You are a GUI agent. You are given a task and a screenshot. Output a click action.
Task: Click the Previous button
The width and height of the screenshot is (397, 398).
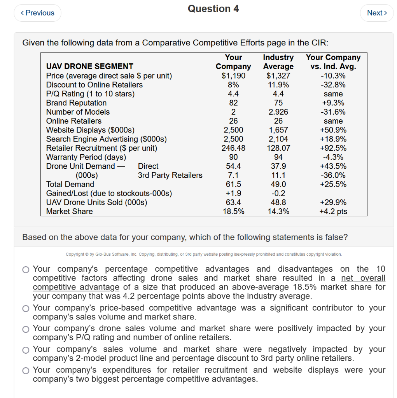coord(37,13)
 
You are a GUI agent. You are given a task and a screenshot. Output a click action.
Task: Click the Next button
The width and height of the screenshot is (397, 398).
coord(377,13)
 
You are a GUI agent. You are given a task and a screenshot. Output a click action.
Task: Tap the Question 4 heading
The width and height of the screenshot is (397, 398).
coord(213,9)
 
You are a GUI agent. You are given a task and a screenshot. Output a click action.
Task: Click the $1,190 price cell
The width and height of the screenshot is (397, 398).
coord(233,75)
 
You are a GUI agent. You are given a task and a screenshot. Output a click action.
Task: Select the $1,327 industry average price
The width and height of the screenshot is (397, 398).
coord(278,75)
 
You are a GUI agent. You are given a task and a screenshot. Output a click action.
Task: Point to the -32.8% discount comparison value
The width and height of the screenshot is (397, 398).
coord(333,85)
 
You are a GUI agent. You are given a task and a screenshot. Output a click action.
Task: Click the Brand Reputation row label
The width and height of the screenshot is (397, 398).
coord(76,103)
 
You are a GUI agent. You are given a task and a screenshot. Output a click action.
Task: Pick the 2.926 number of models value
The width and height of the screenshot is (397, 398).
coord(278,112)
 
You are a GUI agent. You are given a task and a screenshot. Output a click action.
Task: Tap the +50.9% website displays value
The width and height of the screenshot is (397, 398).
coord(333,130)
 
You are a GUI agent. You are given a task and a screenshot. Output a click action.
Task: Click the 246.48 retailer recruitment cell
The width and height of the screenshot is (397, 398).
coord(233,148)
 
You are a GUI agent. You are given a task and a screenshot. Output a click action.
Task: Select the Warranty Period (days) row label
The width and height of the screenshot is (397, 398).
coord(86,157)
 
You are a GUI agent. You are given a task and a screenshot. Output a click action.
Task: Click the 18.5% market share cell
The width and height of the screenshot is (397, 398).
coord(233,211)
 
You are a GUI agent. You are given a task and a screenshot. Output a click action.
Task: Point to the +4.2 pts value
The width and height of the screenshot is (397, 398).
coord(333,211)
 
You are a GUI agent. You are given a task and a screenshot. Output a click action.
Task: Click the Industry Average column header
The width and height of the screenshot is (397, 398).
coord(278,62)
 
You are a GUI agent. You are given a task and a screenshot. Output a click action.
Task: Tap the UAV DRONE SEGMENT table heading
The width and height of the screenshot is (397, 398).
coord(89,66)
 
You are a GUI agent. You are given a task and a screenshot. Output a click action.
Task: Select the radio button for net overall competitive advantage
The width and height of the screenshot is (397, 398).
coord(26,269)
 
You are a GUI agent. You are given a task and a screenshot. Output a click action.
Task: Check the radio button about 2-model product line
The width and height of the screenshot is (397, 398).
coord(26,350)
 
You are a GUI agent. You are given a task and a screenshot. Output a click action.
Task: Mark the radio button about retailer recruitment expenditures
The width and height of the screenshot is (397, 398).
coord(26,370)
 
